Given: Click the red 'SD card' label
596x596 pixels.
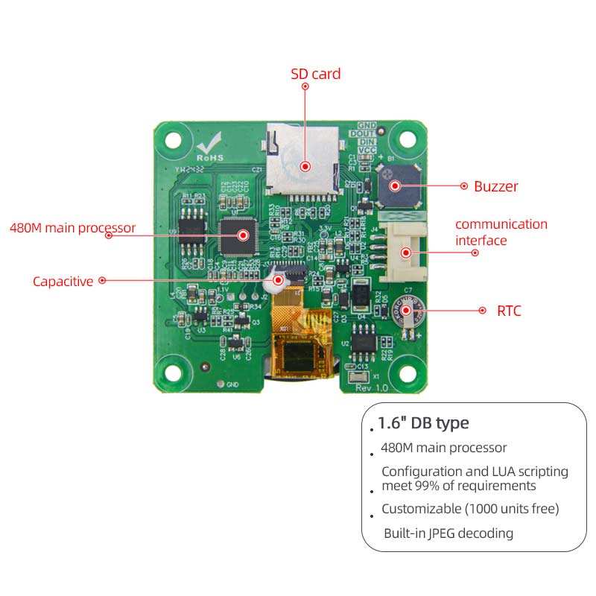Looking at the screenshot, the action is [315, 74].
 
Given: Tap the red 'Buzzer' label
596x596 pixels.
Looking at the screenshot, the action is [495, 186].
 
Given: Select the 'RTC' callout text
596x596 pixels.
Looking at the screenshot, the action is [509, 311].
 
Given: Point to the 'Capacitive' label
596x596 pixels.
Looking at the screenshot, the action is [63, 281].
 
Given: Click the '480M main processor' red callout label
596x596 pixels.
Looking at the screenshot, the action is [72, 228].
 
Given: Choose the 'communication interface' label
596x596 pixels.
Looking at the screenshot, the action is [501, 232].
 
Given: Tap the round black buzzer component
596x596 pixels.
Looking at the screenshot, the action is [396, 186].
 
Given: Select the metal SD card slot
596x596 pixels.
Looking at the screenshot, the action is [303, 160].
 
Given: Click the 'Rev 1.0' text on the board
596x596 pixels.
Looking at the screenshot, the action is [372, 388].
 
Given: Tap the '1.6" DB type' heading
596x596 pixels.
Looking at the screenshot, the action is [422, 423].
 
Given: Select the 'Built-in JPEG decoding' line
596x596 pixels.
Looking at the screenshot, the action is [448, 533].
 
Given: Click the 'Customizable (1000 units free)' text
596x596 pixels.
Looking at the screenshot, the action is [469, 509].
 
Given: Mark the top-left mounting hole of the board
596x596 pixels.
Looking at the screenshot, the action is [173, 139].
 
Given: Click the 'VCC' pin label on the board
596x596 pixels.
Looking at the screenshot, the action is [367, 150].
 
